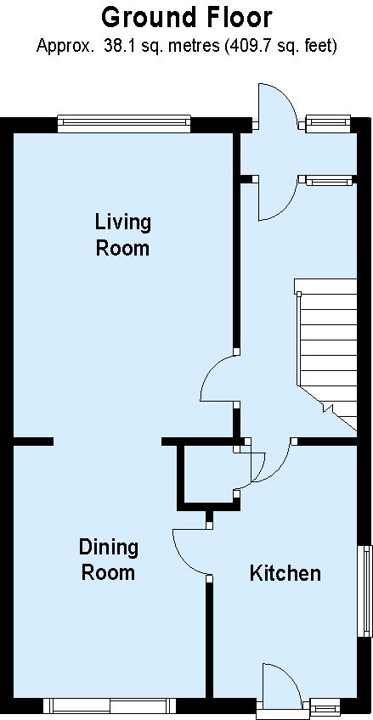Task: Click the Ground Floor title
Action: click(x=187, y=19)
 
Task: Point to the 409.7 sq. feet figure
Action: click(x=280, y=46)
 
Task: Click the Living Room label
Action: click(x=122, y=235)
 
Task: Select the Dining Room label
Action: click(x=109, y=560)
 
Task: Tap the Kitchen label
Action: click(x=285, y=573)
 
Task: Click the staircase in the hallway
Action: click(x=326, y=353)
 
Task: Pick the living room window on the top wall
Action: click(x=124, y=123)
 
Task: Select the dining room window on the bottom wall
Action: click(x=110, y=705)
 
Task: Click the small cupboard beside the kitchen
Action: click(x=209, y=475)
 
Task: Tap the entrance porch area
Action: click(x=298, y=154)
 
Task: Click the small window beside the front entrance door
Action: click(x=328, y=123)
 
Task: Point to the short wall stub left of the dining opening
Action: click(x=33, y=442)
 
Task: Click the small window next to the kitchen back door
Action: click(x=325, y=705)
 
